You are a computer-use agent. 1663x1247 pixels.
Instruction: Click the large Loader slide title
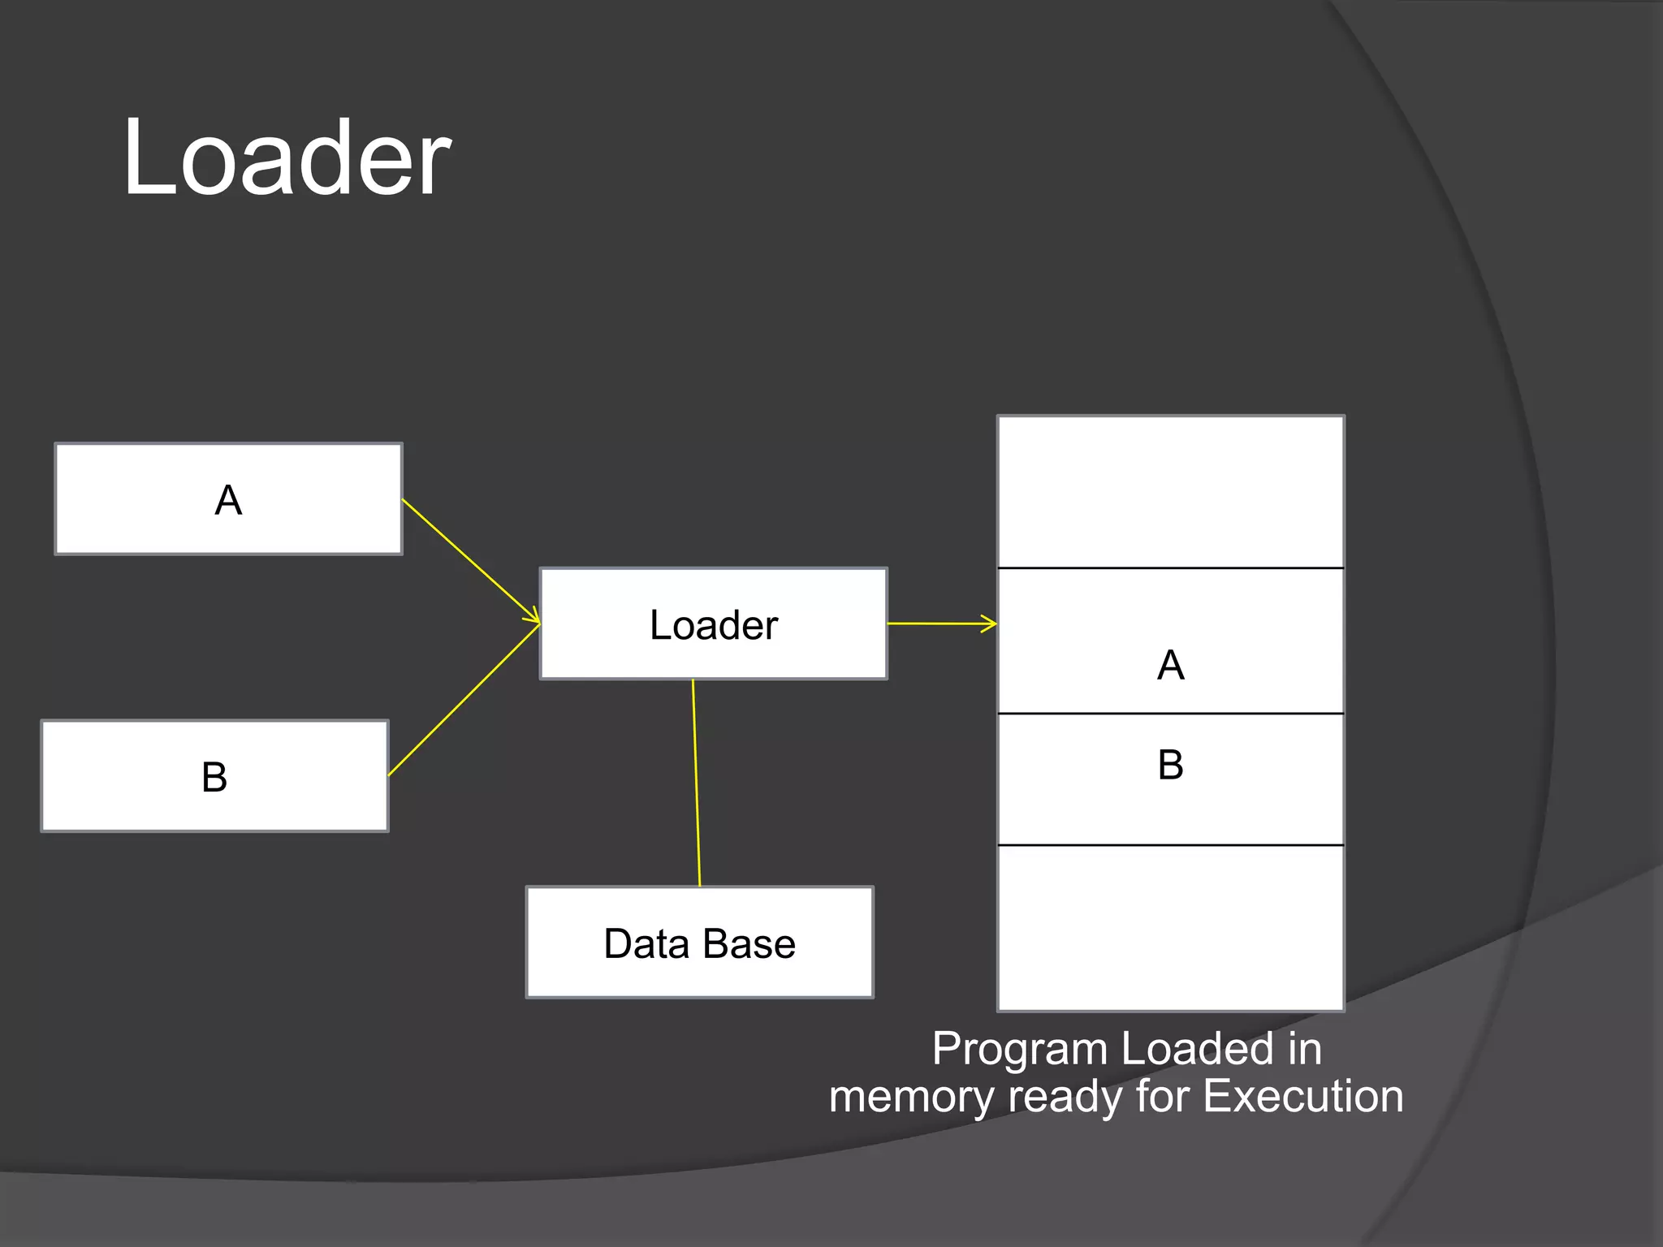(x=286, y=157)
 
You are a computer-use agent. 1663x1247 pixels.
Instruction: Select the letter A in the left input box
(x=228, y=500)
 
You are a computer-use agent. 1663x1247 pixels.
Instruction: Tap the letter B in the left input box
(x=214, y=777)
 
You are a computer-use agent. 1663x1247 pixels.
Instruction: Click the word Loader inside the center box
(x=713, y=625)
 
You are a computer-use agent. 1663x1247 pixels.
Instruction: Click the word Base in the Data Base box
(x=749, y=943)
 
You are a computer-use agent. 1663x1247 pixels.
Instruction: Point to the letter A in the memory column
(x=1170, y=666)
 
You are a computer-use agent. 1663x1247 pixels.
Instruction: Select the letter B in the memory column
(x=1170, y=765)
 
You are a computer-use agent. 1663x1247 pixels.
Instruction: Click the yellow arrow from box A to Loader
(x=471, y=561)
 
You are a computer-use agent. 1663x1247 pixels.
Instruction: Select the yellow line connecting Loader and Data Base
(x=696, y=783)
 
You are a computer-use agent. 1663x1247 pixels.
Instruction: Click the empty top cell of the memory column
(x=1170, y=492)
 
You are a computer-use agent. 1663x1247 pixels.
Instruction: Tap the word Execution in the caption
(x=1302, y=1096)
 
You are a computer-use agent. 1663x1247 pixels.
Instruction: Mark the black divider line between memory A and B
(x=1170, y=714)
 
